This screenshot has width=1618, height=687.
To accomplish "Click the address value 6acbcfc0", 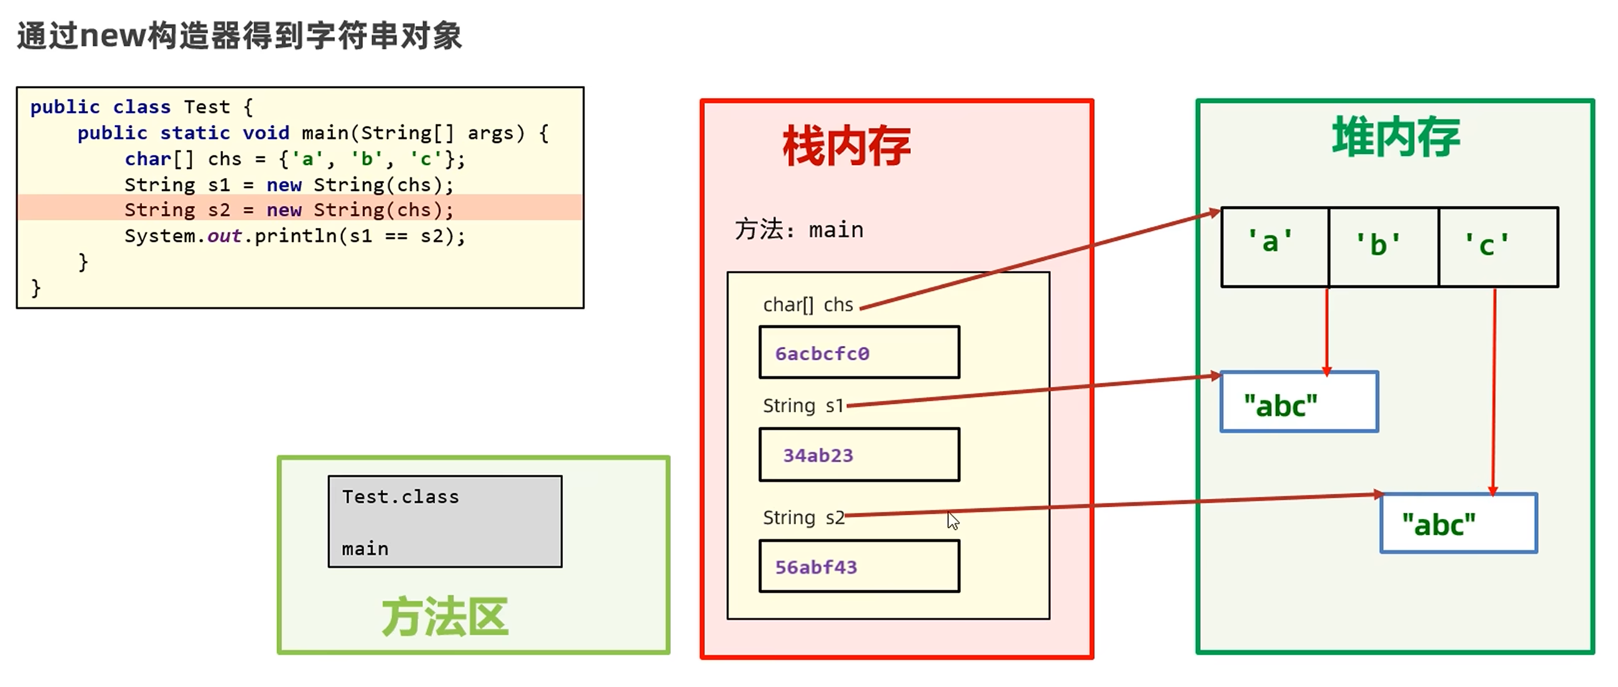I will [821, 353].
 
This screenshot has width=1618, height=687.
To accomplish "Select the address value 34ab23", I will [818, 455].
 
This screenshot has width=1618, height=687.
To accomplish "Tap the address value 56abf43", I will [816, 567].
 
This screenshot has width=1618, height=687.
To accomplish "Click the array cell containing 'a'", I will [1274, 247].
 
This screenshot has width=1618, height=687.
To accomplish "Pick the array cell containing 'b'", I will [1383, 247].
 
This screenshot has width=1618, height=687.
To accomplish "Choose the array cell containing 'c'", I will [1497, 247].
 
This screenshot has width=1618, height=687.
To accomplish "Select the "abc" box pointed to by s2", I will [1458, 524].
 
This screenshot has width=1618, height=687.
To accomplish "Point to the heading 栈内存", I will [846, 146].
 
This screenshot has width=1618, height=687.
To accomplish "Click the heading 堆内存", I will [1396, 137].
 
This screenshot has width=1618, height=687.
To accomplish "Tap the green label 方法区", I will [445, 617].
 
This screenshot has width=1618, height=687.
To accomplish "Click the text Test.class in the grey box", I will [400, 497].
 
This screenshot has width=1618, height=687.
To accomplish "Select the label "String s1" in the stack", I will [803, 406].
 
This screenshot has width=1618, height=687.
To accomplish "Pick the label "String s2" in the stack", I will [803, 518].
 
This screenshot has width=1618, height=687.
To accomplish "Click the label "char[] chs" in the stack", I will [808, 305].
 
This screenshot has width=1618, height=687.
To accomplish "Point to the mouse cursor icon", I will [953, 520].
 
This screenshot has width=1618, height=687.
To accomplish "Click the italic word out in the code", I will [224, 236].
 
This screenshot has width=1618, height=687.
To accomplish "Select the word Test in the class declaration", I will [207, 107].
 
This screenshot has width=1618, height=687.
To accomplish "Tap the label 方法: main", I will [799, 230].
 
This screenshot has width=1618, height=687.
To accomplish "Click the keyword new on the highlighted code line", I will [284, 210].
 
